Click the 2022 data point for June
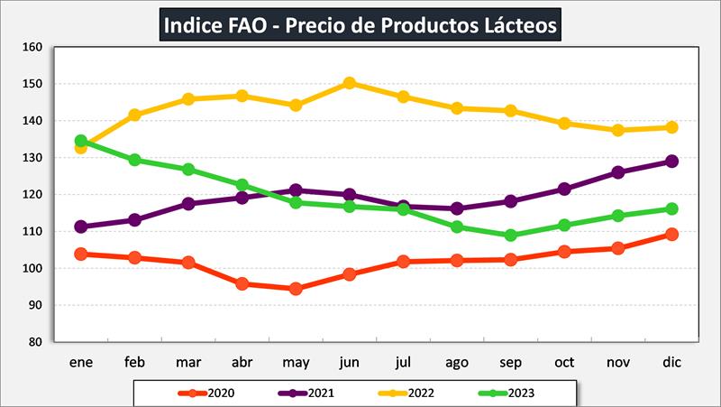click(350, 83)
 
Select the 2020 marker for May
click(296, 289)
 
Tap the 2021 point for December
click(671, 162)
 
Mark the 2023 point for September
click(511, 236)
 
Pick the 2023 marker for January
click(81, 141)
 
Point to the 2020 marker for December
click(671, 235)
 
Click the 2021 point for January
click(81, 227)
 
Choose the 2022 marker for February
click(134, 116)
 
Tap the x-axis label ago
click(457, 362)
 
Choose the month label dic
click(671, 362)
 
